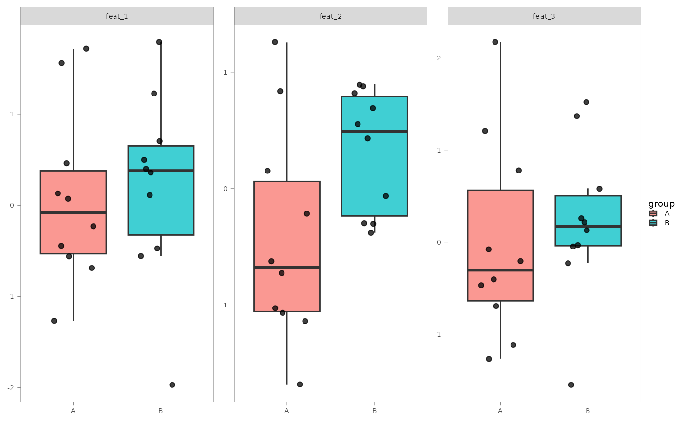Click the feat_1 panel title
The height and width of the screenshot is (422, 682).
click(117, 16)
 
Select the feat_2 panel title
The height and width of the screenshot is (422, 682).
click(330, 16)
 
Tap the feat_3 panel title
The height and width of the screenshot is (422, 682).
click(544, 16)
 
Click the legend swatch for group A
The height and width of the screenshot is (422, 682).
click(653, 213)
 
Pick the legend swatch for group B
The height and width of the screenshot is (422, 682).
click(653, 223)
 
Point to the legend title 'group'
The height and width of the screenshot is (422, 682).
click(661, 204)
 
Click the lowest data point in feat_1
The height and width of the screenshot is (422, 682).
click(172, 385)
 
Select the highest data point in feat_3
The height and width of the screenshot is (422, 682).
click(495, 42)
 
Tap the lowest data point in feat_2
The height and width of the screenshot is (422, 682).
click(300, 384)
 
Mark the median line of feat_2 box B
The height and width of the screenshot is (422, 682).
click(374, 132)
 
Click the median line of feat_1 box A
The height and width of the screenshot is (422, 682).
click(73, 212)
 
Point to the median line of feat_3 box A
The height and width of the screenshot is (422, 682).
click(500, 270)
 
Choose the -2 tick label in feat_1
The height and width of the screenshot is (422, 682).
click(12, 388)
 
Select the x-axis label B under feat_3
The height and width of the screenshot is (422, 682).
click(588, 411)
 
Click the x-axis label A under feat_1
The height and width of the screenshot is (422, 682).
click(73, 411)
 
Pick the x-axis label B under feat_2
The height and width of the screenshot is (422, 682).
click(374, 411)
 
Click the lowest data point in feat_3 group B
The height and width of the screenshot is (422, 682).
click(571, 385)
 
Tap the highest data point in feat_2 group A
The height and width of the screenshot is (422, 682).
click(275, 42)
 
